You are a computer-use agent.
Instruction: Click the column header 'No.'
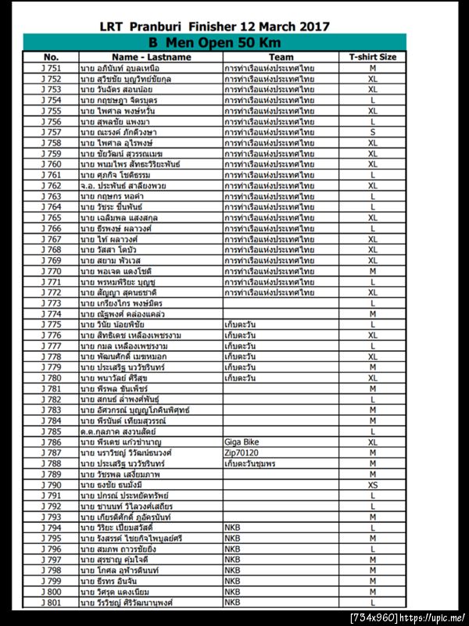click(x=51, y=57)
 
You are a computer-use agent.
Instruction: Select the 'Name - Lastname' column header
click(x=151, y=57)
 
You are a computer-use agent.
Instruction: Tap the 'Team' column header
click(x=281, y=57)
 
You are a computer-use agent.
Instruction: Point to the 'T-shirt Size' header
click(x=373, y=57)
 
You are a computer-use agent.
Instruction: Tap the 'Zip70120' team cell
click(x=241, y=453)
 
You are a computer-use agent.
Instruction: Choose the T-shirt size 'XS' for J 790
click(x=373, y=485)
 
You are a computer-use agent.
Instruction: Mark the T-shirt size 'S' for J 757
click(x=373, y=132)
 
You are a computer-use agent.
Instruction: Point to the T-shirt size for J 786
click(x=373, y=442)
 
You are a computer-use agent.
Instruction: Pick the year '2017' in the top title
click(x=311, y=26)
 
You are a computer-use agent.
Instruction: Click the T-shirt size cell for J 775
click(x=373, y=324)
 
